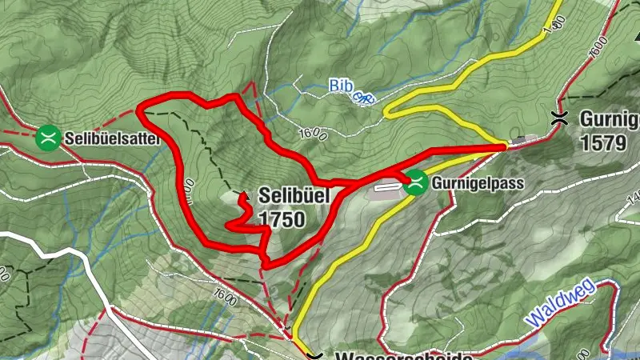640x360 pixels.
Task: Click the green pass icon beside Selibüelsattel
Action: pos(49,138)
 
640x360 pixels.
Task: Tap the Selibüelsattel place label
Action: pos(113,138)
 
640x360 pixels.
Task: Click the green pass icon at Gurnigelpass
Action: pos(415,184)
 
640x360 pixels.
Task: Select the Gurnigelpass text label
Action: pos(478,184)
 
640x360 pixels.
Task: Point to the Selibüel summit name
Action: pos(293,195)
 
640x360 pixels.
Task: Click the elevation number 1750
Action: pos(282,218)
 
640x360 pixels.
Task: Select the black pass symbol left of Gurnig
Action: pos(562,118)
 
